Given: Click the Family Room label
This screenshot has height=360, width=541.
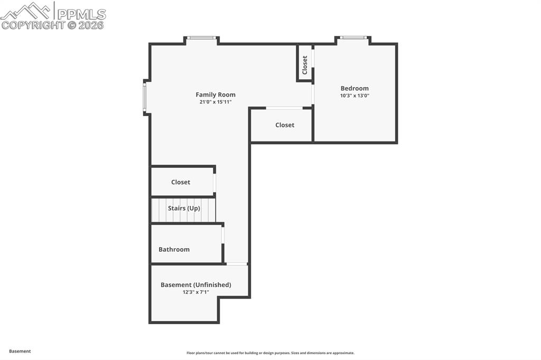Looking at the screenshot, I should [x=216, y=95].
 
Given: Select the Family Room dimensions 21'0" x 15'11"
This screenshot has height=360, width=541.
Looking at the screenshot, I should [x=216, y=102].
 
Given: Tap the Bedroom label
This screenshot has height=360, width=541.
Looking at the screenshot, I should [x=355, y=89].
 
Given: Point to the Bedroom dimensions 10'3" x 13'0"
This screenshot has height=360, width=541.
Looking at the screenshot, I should [x=355, y=96].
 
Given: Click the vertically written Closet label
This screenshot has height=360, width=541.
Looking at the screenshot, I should [x=305, y=65].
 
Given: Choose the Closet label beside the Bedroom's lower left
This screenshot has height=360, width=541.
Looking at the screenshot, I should [x=285, y=125].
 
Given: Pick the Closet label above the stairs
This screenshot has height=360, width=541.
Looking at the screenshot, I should [x=181, y=182].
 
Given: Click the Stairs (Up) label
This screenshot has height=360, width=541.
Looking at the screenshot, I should [x=184, y=208].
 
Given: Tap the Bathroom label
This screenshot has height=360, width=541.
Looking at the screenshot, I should [x=174, y=249].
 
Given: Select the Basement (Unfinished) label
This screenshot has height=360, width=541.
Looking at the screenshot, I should [x=196, y=285].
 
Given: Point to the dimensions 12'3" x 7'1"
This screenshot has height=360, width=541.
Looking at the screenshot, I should [x=196, y=292].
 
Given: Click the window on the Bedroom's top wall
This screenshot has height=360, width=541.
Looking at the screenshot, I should [x=353, y=37].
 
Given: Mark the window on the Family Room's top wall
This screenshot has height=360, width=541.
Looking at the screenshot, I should [x=202, y=37].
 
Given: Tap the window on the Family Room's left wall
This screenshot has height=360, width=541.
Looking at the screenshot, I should [x=144, y=97].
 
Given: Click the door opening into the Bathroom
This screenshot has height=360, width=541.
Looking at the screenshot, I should [x=223, y=235].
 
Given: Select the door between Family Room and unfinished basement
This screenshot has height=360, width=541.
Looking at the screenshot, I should [x=237, y=264].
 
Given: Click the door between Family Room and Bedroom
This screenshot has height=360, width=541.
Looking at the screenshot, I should [x=313, y=94].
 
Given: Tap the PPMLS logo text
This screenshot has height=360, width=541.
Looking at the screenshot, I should [x=81, y=14].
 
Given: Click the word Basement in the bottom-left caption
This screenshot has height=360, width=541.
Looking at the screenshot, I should [x=20, y=351].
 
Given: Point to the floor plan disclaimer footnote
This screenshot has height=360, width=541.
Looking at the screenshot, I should [x=270, y=353].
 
